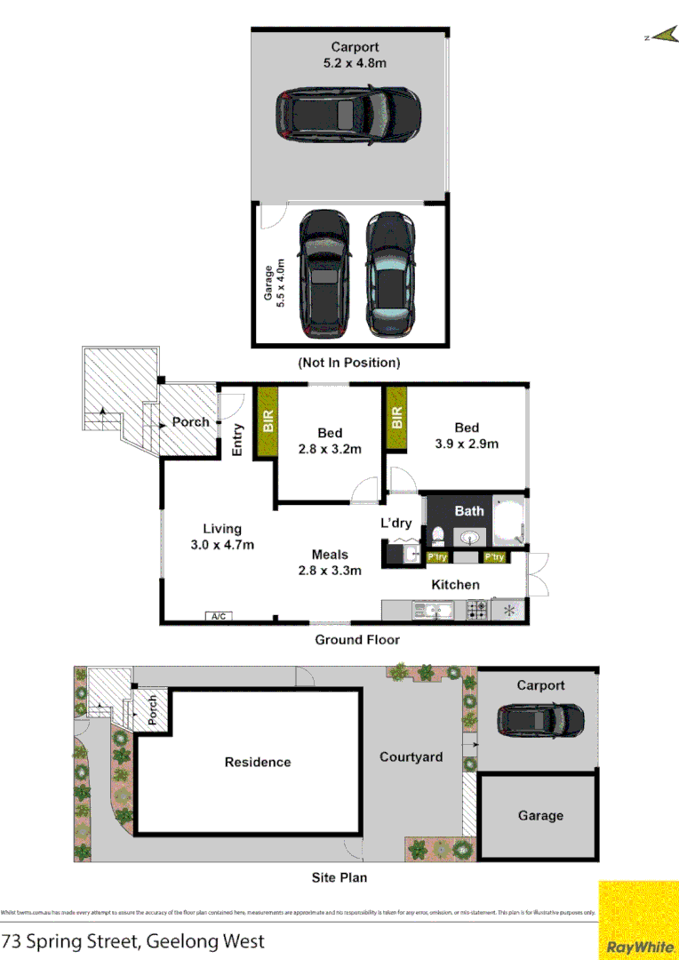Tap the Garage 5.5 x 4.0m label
click(x=276, y=278)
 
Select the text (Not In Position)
click(x=348, y=363)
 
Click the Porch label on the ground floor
click(x=190, y=422)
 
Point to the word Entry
click(x=237, y=439)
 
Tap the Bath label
click(x=469, y=510)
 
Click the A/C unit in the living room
click(x=217, y=615)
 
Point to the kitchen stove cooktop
click(x=476, y=611)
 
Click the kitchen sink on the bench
click(x=432, y=611)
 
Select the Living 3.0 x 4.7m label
click(x=221, y=537)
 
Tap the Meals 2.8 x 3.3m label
click(x=330, y=563)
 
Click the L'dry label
click(x=396, y=523)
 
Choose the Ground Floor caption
click(x=357, y=639)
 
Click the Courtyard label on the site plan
click(x=411, y=757)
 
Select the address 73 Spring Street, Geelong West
click(x=133, y=941)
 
